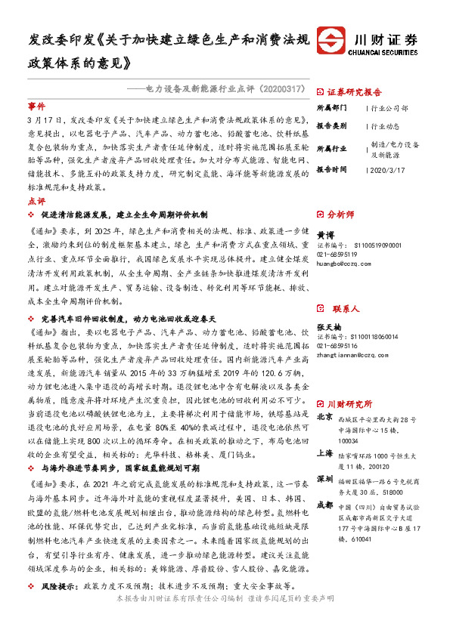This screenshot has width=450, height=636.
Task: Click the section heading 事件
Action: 36,106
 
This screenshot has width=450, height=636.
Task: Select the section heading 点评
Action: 36,202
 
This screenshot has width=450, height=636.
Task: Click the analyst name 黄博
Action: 325,236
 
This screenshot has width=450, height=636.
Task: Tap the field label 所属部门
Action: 330,108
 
